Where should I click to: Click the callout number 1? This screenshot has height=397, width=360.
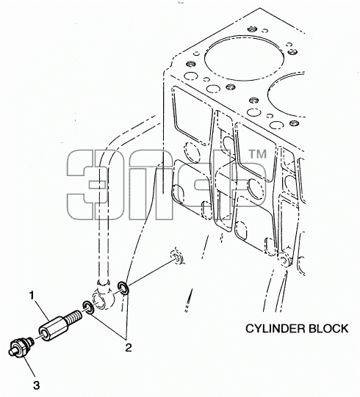click(32, 296)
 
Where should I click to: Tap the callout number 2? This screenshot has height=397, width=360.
click(129, 348)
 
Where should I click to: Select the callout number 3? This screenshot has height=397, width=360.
click(37, 385)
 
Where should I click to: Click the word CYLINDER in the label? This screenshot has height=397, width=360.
click(275, 329)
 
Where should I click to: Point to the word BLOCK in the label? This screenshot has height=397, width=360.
click(328, 329)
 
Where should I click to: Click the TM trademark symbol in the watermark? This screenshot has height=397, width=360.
click(257, 154)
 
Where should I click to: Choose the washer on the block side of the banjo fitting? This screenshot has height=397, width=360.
click(123, 288)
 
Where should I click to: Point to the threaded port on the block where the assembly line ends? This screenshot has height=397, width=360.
click(178, 258)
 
